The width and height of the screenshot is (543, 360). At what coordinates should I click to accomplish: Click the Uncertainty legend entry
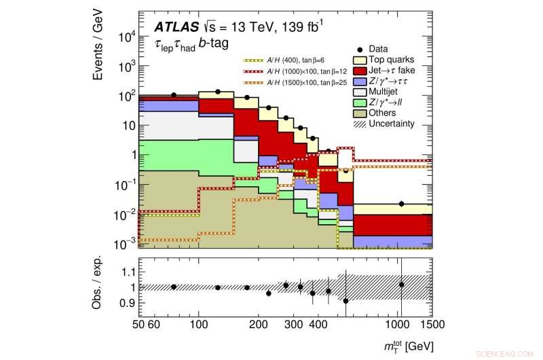pyautogui.click(x=391, y=124)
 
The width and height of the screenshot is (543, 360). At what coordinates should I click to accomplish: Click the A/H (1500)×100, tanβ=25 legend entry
pyautogui.click(x=288, y=82)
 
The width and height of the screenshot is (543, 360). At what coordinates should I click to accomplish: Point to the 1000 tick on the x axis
pyautogui.click(x=399, y=325)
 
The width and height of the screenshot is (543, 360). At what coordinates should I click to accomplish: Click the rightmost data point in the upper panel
pyautogui.click(x=402, y=204)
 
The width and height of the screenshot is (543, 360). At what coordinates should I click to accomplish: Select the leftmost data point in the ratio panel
pyautogui.click(x=174, y=287)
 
